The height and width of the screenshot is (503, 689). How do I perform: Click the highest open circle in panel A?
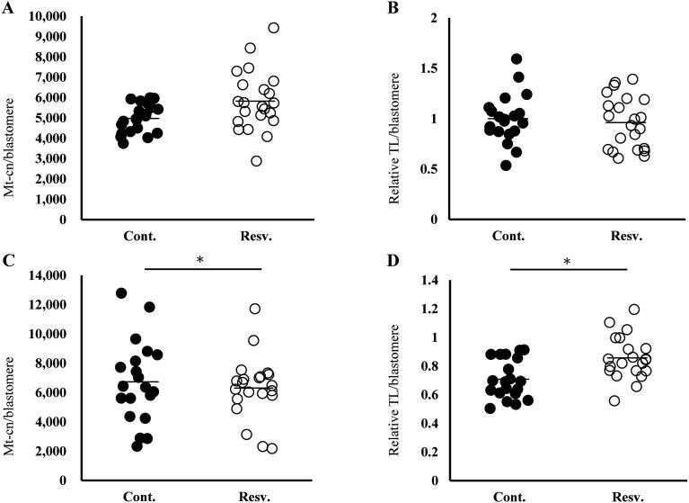[273, 28]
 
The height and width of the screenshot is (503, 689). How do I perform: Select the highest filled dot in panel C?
[121, 293]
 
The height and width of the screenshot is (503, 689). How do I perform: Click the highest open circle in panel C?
[255, 309]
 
